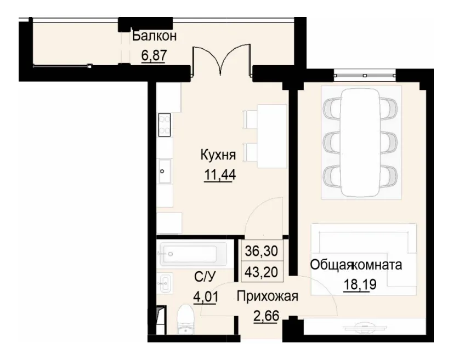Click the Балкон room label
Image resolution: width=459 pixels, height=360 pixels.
pyautogui.click(x=154, y=37)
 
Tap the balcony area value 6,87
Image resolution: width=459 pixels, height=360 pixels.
pyautogui.click(x=154, y=55)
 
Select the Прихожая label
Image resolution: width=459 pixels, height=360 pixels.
pyautogui.click(x=267, y=297)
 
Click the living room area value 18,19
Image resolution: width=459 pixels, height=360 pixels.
pyautogui.click(x=356, y=285)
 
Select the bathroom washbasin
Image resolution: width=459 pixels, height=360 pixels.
pyautogui.click(x=166, y=283)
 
